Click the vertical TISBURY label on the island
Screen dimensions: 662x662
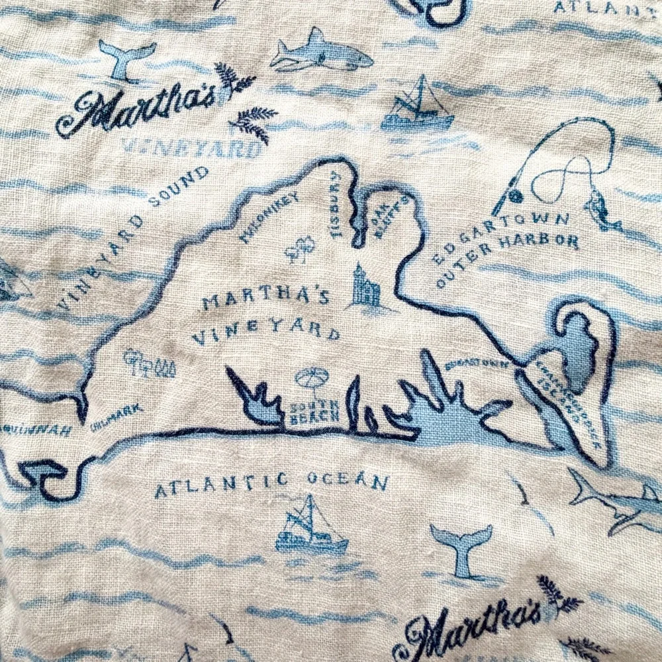pyautogui.click(x=335, y=206)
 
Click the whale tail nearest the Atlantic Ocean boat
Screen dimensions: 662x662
pyautogui.click(x=461, y=547)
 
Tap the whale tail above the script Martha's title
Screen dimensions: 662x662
pyautogui.click(x=127, y=59)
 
